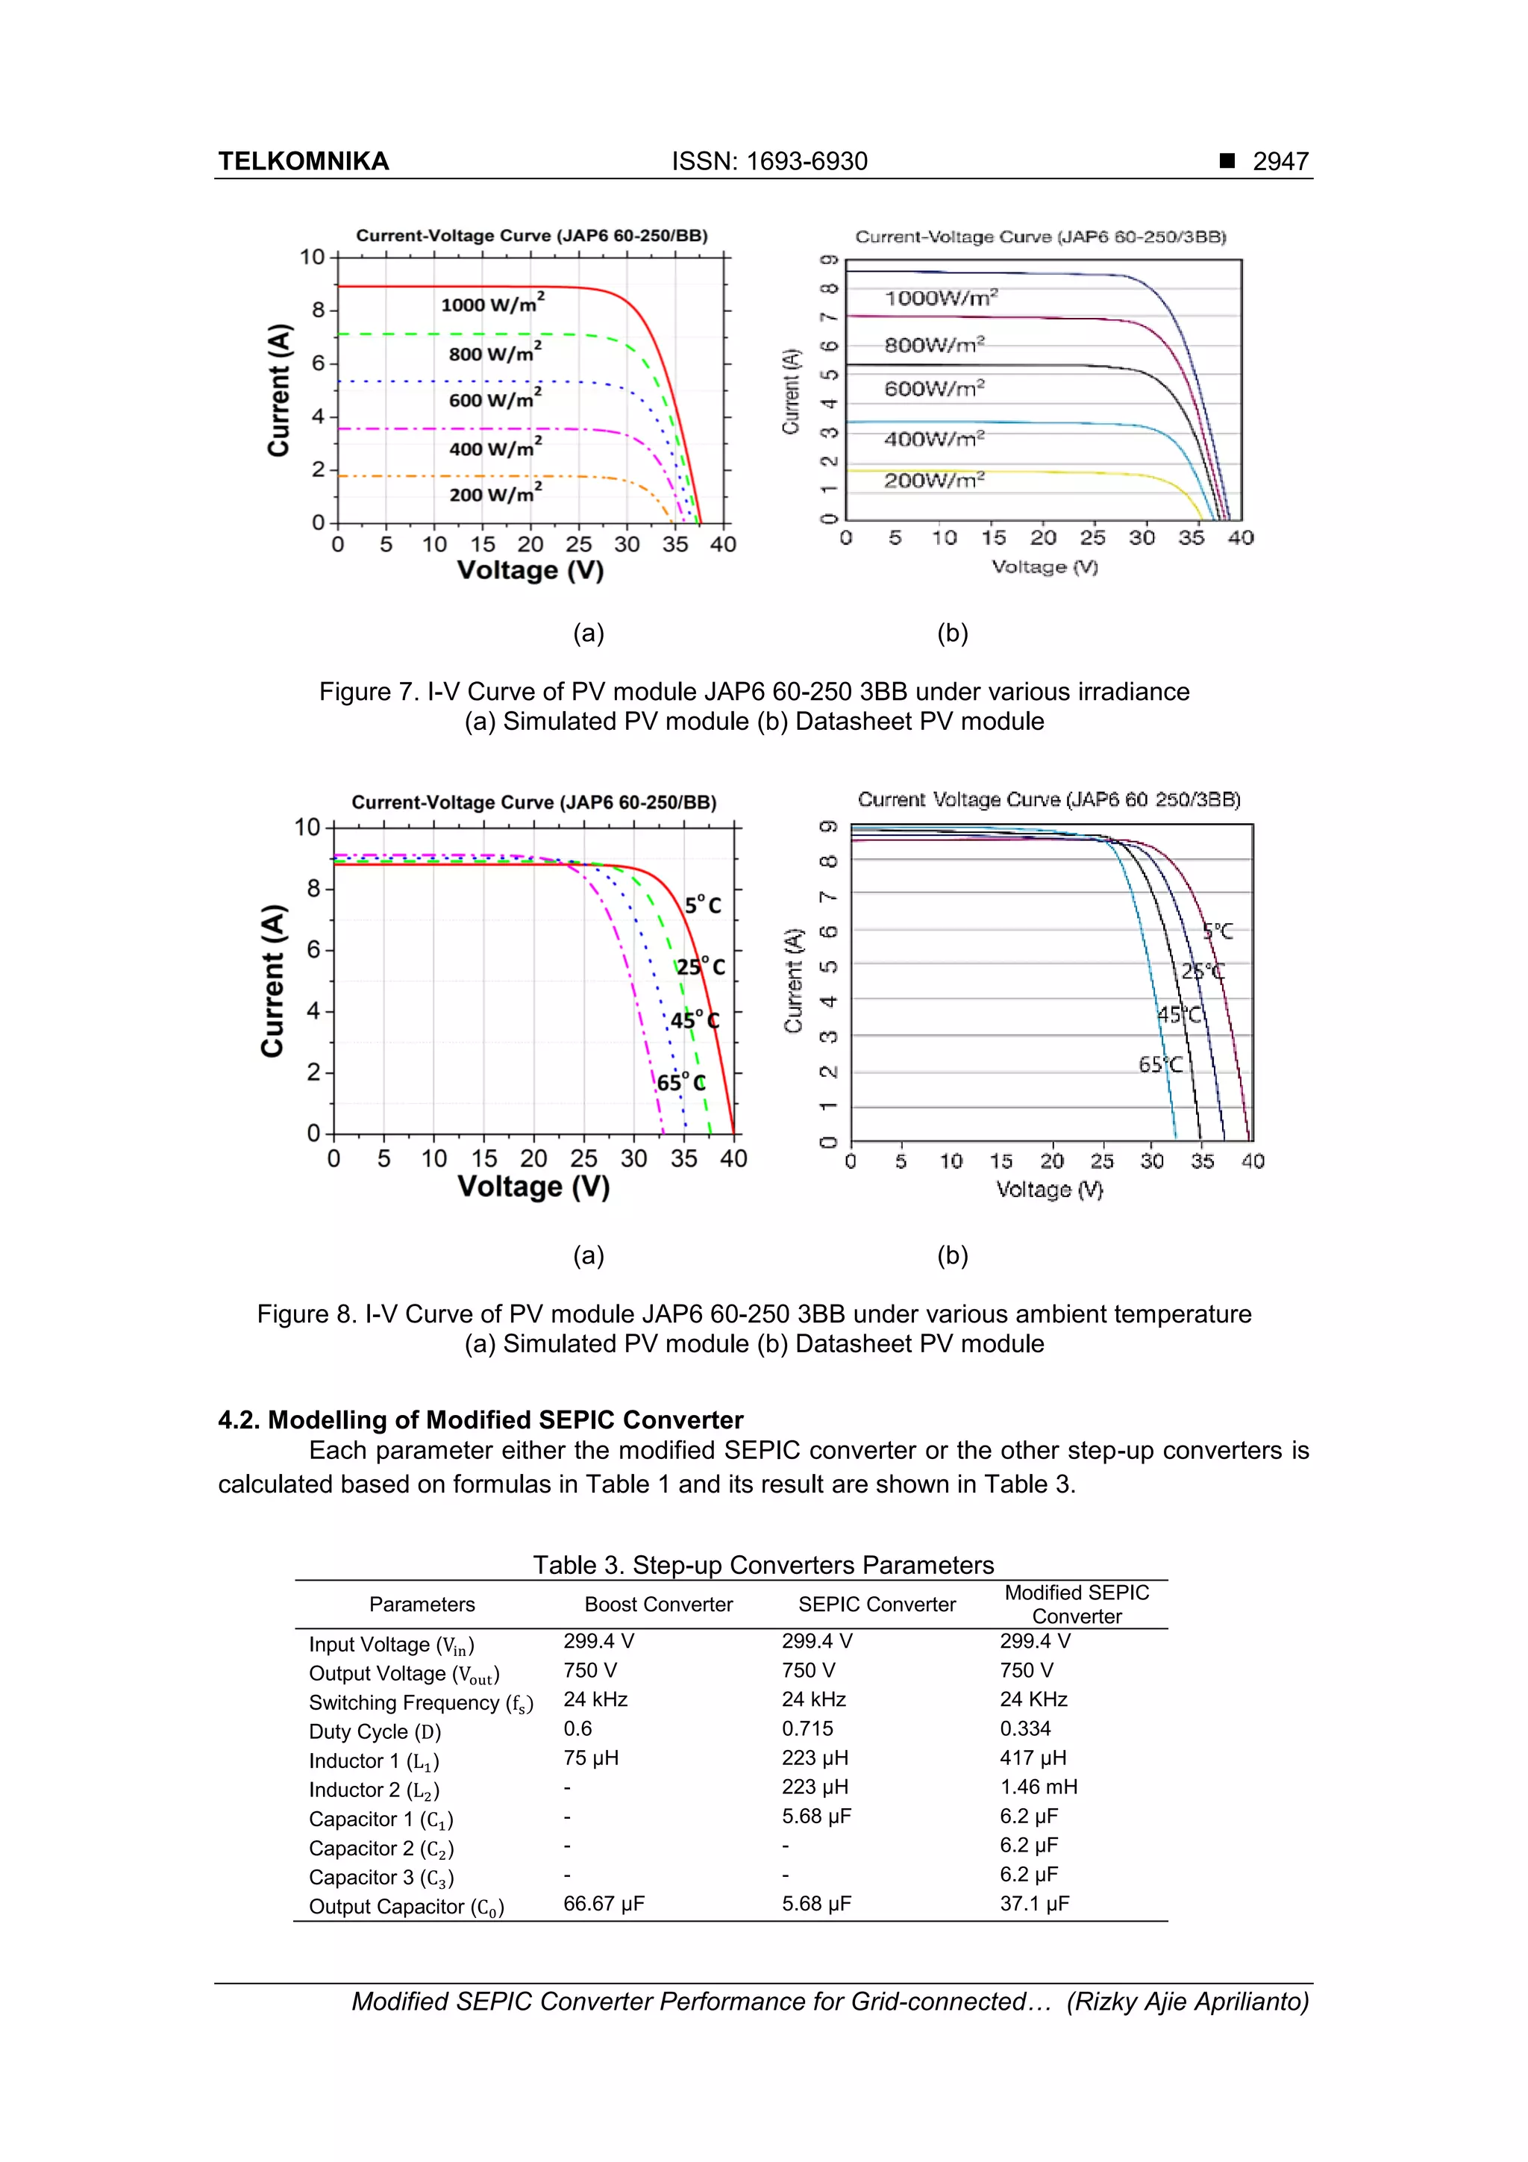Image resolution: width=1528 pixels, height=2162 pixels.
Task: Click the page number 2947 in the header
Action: pyautogui.click(x=1280, y=161)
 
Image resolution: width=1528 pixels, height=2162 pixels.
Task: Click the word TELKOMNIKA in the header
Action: pyautogui.click(x=303, y=161)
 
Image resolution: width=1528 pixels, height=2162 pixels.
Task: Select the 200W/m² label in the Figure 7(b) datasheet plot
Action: pyautogui.click(x=933, y=480)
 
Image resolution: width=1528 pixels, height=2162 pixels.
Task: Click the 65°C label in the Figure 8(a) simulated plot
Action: pyautogui.click(x=680, y=1082)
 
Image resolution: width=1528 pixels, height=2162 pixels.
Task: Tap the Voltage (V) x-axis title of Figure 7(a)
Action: pyautogui.click(x=530, y=571)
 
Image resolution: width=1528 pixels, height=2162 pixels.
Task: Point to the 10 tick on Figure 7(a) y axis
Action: pyautogui.click(x=312, y=257)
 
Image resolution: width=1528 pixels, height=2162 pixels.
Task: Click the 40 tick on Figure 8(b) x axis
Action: pyautogui.click(x=1252, y=1161)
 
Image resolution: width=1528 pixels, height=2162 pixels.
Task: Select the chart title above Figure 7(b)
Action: pyautogui.click(x=1040, y=237)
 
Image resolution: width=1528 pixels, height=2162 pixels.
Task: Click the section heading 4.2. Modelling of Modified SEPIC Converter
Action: pyautogui.click(x=480, y=1420)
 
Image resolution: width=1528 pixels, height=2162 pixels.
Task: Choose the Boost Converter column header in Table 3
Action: pyautogui.click(x=658, y=1605)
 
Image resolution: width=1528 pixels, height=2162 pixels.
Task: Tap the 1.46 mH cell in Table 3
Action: pyautogui.click(x=1038, y=1787)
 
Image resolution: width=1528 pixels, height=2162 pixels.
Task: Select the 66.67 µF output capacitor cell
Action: pyautogui.click(x=604, y=1904)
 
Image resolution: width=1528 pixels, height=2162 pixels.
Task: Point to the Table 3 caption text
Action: pyautogui.click(x=763, y=1565)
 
